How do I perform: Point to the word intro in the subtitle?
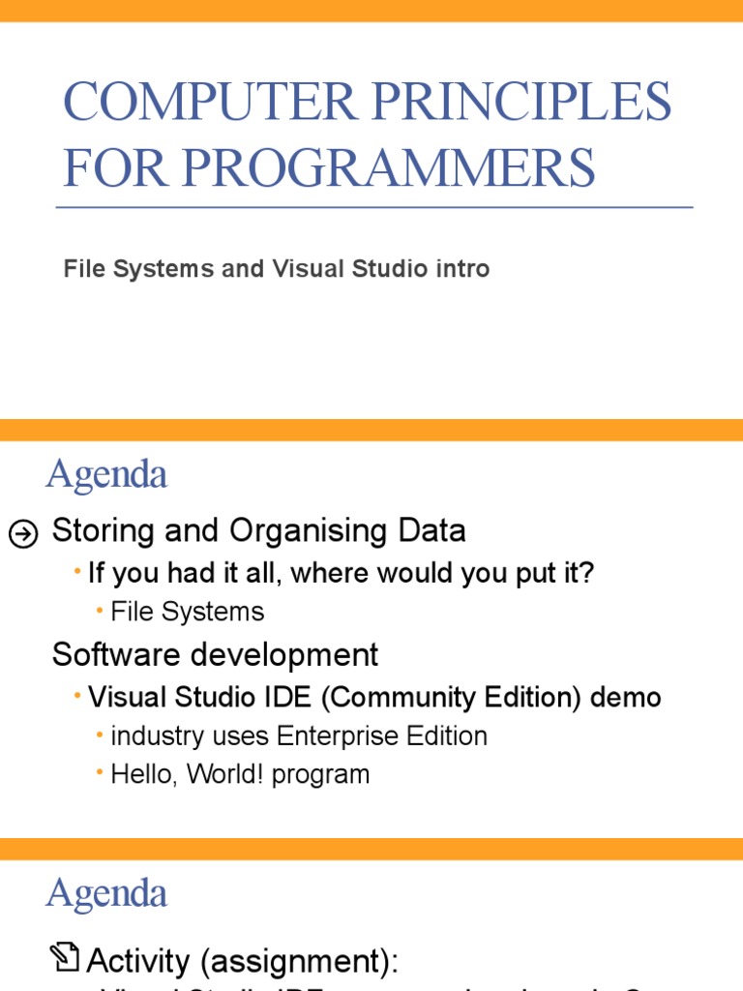coord(461,269)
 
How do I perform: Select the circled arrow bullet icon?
coord(23,533)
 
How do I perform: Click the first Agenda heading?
coord(106,475)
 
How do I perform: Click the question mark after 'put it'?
coord(587,574)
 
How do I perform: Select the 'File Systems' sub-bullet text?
coord(187,612)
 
